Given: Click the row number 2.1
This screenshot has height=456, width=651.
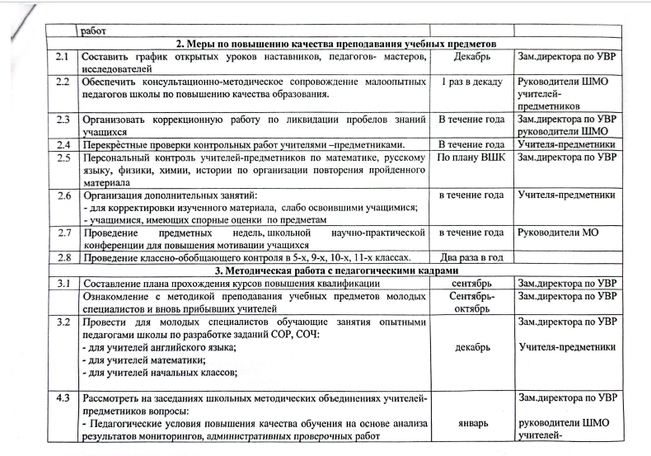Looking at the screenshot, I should pyautogui.click(x=63, y=58).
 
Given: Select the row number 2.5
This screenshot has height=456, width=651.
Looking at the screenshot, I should pyautogui.click(x=63, y=157).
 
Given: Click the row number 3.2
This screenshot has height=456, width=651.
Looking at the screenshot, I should pyautogui.click(x=63, y=320).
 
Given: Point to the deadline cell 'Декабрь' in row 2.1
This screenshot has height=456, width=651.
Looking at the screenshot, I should pyautogui.click(x=471, y=58).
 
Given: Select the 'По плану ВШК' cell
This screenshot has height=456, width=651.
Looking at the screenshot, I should pyautogui.click(x=471, y=157).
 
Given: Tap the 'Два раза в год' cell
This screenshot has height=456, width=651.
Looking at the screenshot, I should pyautogui.click(x=471, y=257).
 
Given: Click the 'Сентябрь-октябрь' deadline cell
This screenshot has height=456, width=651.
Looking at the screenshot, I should pyautogui.click(x=471, y=300).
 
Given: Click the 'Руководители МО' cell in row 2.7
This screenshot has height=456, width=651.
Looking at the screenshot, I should pyautogui.click(x=556, y=232).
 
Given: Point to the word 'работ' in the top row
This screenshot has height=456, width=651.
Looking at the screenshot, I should pyautogui.click(x=94, y=32).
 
